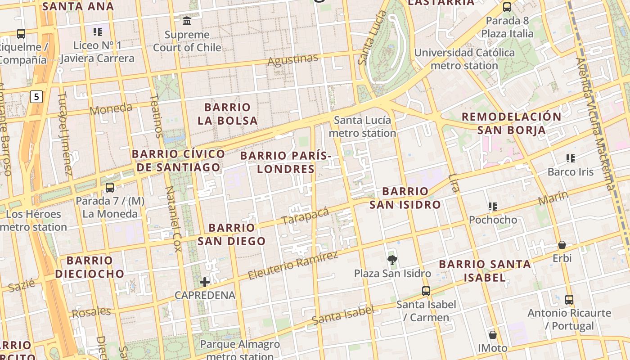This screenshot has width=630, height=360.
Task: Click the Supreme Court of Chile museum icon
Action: (187, 21)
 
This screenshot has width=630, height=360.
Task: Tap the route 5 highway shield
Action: (36, 96)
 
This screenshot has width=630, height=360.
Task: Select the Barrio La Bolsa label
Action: (227, 114)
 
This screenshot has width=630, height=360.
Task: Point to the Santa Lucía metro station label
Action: (362, 126)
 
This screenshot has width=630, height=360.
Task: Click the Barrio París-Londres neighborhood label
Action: (285, 162)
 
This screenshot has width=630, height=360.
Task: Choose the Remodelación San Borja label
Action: (511, 123)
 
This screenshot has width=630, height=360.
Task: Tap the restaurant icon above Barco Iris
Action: (571, 158)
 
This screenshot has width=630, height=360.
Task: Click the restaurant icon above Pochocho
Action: (493, 207)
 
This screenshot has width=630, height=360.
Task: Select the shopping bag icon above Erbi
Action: (562, 245)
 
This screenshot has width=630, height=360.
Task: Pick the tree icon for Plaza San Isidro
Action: (392, 260)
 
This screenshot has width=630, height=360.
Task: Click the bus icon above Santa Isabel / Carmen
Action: (426, 291)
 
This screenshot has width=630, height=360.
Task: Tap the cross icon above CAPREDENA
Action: (205, 282)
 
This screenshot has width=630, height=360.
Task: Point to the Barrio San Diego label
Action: (232, 234)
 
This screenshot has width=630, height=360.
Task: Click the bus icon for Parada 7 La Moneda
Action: (110, 187)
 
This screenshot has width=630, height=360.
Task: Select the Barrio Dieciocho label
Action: (90, 267)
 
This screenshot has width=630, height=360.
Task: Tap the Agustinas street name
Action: (292, 59)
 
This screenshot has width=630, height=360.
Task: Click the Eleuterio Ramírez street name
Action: (292, 265)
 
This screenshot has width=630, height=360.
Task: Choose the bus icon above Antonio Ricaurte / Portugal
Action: (569, 299)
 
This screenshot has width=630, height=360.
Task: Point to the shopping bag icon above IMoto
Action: (493, 335)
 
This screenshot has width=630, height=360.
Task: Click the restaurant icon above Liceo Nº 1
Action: (98, 31)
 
